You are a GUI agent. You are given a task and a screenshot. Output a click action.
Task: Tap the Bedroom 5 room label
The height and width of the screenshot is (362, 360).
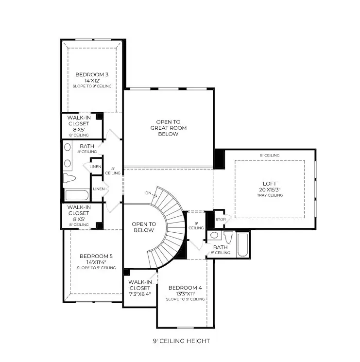click(x=96, y=256)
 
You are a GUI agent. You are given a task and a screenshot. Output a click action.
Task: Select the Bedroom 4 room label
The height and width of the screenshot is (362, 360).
click(x=185, y=288)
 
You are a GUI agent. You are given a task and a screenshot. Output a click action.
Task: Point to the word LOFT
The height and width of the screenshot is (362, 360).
click(x=270, y=184)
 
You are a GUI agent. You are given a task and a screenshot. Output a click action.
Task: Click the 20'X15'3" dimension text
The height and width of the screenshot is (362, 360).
click(x=270, y=190)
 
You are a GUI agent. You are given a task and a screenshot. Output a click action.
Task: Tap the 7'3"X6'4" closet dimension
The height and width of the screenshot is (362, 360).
click(x=140, y=293)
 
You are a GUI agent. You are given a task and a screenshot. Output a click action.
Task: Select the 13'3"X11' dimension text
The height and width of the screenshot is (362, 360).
click(x=185, y=293)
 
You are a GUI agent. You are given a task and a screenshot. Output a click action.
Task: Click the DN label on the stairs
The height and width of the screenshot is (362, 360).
click(x=148, y=193)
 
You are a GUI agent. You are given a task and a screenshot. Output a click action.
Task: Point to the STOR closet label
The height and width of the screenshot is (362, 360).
click(x=220, y=219)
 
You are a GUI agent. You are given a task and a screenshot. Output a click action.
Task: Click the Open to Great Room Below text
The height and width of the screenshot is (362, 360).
click(x=168, y=128)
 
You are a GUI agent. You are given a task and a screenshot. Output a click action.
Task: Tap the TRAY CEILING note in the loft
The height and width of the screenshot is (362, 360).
click(x=270, y=195)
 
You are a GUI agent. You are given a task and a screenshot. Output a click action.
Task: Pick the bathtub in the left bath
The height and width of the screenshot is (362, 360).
click(x=77, y=196)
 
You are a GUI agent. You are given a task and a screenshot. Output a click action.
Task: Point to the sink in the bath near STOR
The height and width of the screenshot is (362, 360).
click(x=214, y=236)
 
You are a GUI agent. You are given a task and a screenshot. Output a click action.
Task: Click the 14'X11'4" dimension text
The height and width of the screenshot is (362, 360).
click(x=96, y=262)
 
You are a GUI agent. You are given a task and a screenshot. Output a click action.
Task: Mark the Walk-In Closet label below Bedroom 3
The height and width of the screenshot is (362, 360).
click(x=78, y=123)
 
